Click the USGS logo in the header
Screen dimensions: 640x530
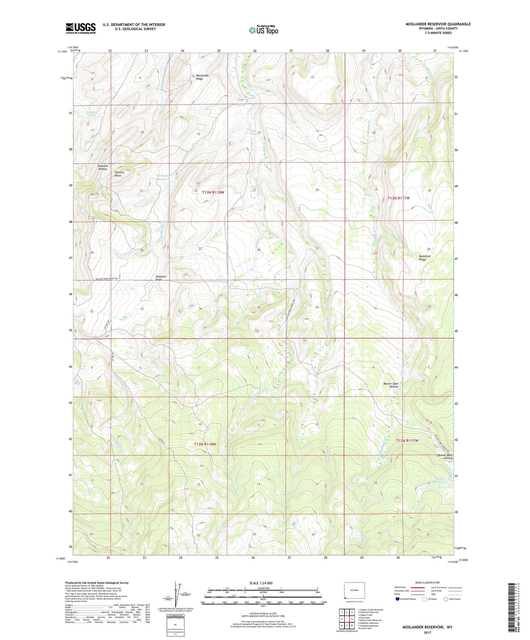click(81, 28)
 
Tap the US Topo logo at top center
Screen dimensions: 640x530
click(263, 30)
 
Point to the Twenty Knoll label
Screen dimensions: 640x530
click(119, 174)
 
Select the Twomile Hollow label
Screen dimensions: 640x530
click(102, 167)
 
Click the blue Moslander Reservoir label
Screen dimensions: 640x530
click(164, 177)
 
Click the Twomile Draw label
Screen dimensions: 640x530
click(161, 278)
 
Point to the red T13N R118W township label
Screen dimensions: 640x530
click(213, 192)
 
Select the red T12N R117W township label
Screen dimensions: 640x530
click(407, 441)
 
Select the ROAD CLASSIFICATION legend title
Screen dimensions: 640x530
click(428, 582)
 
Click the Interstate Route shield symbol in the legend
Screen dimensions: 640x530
click(397, 599)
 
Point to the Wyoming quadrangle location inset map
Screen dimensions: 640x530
click(354, 591)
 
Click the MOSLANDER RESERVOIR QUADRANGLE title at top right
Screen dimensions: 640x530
click(438, 24)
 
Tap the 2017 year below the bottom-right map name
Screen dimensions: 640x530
click(427, 632)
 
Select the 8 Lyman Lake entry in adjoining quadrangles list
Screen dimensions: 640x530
click(365, 628)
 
